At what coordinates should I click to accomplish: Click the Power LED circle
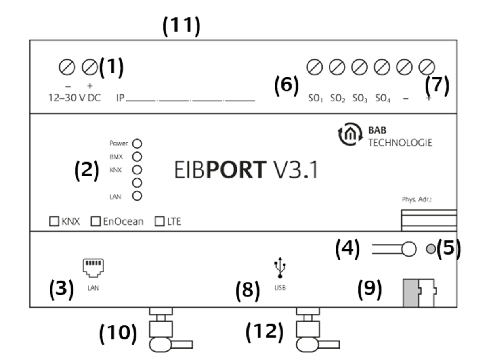138,144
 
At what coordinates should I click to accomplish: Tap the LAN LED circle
138,196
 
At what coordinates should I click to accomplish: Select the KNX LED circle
138,170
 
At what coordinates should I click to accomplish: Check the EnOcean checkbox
96,221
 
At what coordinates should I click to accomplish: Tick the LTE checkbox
159,221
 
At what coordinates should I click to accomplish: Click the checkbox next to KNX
54,221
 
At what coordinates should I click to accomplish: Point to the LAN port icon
93,266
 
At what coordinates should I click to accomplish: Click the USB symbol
280,268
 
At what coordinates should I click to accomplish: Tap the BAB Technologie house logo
350,135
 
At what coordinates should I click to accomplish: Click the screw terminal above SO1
315,67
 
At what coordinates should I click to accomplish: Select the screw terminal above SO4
382,67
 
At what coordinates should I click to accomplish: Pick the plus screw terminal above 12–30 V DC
90,67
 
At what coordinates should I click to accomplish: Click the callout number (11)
181,26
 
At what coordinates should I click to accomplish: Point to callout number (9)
370,289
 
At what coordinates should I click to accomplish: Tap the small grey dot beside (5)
431,249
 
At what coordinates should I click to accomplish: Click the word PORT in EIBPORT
237,170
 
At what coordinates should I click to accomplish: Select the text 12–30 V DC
74,98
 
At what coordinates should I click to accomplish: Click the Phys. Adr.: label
416,199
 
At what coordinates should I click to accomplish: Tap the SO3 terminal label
360,98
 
